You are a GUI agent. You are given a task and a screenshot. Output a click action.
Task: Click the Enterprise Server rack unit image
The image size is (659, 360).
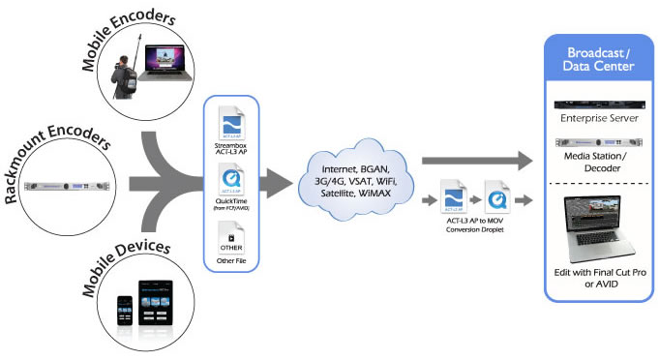coord(594,105)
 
